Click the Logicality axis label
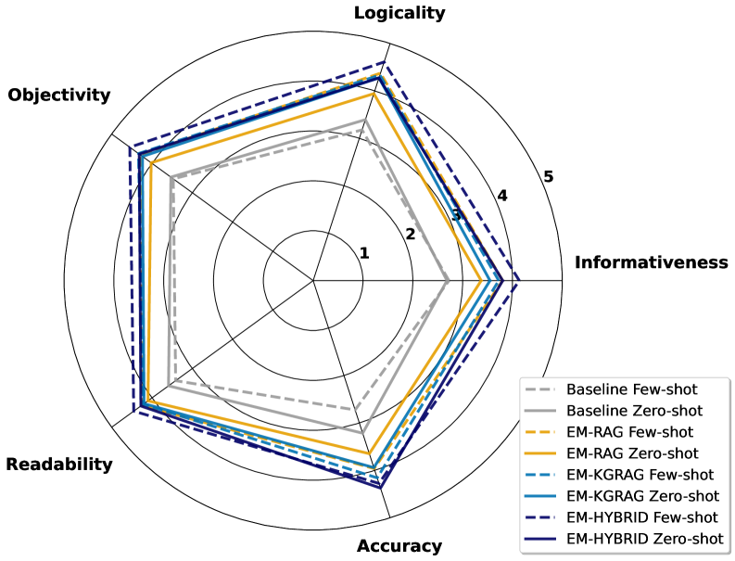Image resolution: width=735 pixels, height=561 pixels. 399,13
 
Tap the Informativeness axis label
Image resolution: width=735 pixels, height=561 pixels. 652,262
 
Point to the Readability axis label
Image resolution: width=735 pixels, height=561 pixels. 59,465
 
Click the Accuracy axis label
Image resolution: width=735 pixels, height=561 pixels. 399,546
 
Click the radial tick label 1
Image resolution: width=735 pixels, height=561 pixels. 364,253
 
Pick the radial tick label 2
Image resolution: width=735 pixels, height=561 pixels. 410,234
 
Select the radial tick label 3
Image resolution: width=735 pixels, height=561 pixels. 456,215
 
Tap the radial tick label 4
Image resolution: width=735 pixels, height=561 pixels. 502,196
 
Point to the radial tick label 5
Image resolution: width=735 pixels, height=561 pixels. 548,176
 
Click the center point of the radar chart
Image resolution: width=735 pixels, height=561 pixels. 313,280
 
